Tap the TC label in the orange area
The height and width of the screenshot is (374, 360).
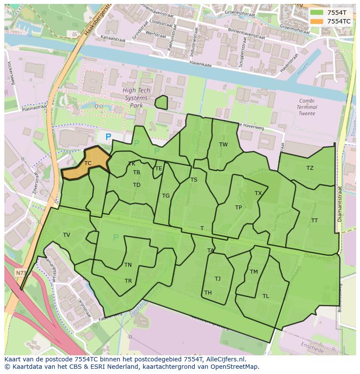(x=88, y=163)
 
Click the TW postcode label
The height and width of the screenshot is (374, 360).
(x=223, y=145)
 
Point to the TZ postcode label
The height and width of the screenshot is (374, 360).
(x=310, y=168)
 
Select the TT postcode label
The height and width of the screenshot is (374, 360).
(x=314, y=221)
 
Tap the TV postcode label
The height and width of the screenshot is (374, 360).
(x=67, y=235)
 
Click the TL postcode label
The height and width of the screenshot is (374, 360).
(x=266, y=296)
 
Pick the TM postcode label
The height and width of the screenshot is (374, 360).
(x=254, y=272)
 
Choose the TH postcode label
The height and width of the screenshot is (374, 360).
(x=208, y=293)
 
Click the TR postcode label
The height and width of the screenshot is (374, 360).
(x=128, y=281)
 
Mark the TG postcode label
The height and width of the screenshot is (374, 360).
(x=166, y=196)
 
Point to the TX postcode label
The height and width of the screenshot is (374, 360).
(x=258, y=193)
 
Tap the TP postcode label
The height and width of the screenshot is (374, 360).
(x=238, y=208)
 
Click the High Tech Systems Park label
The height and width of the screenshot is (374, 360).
(x=136, y=98)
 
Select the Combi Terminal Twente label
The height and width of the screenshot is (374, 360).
(x=307, y=107)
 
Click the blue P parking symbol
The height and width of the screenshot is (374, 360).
(x=108, y=137)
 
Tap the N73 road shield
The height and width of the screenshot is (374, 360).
(x=20, y=273)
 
